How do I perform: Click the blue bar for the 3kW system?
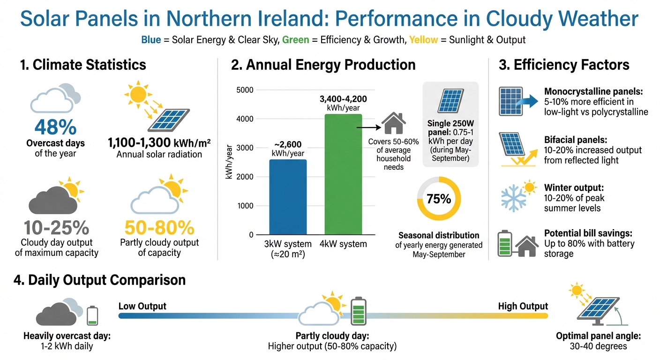[288, 197]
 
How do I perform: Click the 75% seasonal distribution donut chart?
[439, 199]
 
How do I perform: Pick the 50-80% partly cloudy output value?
[159, 228]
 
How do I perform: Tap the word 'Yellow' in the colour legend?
[423, 40]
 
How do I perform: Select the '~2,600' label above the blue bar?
[287, 145]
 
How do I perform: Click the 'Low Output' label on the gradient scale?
[142, 306]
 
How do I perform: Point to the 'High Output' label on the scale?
[523, 306]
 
